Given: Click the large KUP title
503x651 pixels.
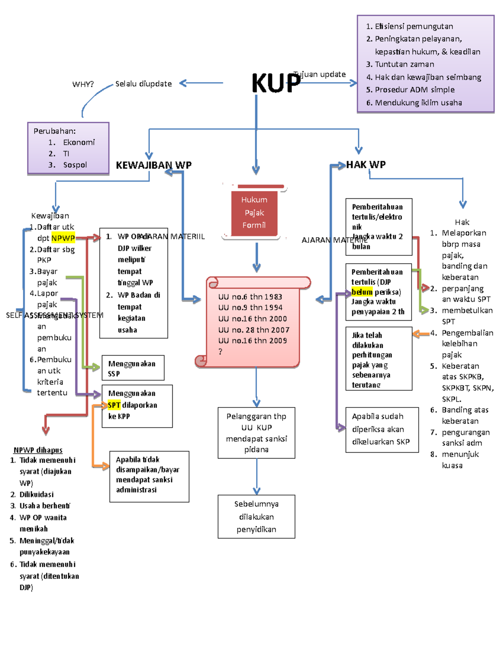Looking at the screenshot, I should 275,83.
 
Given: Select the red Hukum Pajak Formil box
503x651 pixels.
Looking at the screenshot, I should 254,213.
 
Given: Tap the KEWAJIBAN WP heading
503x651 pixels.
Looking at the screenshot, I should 153,165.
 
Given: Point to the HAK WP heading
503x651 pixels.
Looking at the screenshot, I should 366,165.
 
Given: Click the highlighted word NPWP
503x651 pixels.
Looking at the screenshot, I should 63,238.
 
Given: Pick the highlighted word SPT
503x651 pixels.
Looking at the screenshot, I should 114,405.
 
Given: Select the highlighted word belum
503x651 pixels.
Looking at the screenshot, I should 362,292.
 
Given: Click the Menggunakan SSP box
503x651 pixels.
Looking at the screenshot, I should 133,368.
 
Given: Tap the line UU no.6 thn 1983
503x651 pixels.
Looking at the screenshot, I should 250,297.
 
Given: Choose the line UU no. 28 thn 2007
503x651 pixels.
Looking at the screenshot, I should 254,330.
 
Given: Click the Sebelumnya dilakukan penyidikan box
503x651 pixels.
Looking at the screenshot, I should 256,516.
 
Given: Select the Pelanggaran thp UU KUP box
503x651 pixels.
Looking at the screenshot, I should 256,433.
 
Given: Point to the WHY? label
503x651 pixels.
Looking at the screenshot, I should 83,84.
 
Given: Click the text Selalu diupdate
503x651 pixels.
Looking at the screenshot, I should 143,84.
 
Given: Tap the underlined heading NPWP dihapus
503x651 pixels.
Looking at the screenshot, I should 38,450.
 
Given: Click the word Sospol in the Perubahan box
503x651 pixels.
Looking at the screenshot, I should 75,165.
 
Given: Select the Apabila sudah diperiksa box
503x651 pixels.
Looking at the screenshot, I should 382,429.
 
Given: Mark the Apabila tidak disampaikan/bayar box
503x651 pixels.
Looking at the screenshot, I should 149,476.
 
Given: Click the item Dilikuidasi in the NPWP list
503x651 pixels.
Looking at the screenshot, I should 36,495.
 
